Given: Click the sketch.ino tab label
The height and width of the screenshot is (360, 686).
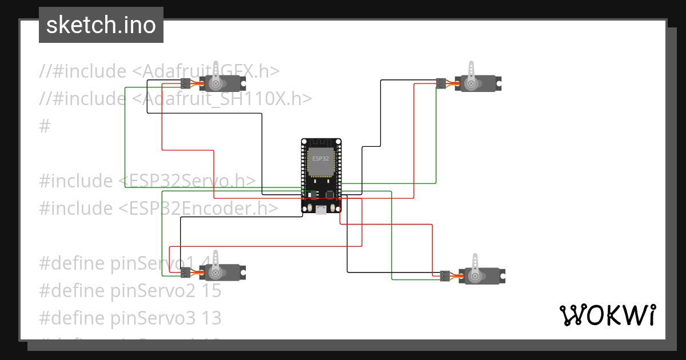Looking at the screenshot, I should (x=101, y=25).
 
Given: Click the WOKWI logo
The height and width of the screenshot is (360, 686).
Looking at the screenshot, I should (x=607, y=315).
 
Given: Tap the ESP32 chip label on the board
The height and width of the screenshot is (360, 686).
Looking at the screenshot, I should (x=320, y=157).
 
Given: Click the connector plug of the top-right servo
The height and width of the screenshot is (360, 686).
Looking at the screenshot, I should (x=441, y=83).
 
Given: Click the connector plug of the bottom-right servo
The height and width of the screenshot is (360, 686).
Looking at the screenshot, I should (x=445, y=276).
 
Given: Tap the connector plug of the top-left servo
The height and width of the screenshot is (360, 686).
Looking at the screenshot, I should (x=185, y=83).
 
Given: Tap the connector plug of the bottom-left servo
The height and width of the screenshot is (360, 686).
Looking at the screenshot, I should (x=186, y=273).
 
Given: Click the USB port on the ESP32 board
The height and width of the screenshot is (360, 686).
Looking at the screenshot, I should (x=322, y=210).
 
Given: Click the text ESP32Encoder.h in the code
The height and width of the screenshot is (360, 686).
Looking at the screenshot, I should (x=198, y=209).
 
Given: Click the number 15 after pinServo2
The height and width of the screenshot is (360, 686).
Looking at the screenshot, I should (x=212, y=291).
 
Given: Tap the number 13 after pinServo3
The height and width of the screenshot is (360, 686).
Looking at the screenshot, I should (x=212, y=318).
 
